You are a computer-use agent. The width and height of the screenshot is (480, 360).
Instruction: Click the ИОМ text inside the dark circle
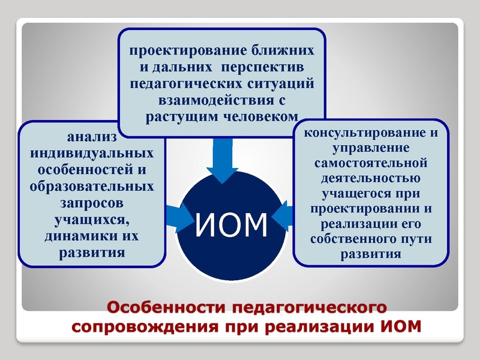tap(232, 224)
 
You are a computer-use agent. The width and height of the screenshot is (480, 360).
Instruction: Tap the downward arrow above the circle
tap(223, 159)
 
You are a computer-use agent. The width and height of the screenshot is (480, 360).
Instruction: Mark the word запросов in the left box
tap(92, 202)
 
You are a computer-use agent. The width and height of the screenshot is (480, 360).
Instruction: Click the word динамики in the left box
tap(73, 236)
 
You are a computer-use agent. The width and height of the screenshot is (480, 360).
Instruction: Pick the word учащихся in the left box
tap(92, 219)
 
